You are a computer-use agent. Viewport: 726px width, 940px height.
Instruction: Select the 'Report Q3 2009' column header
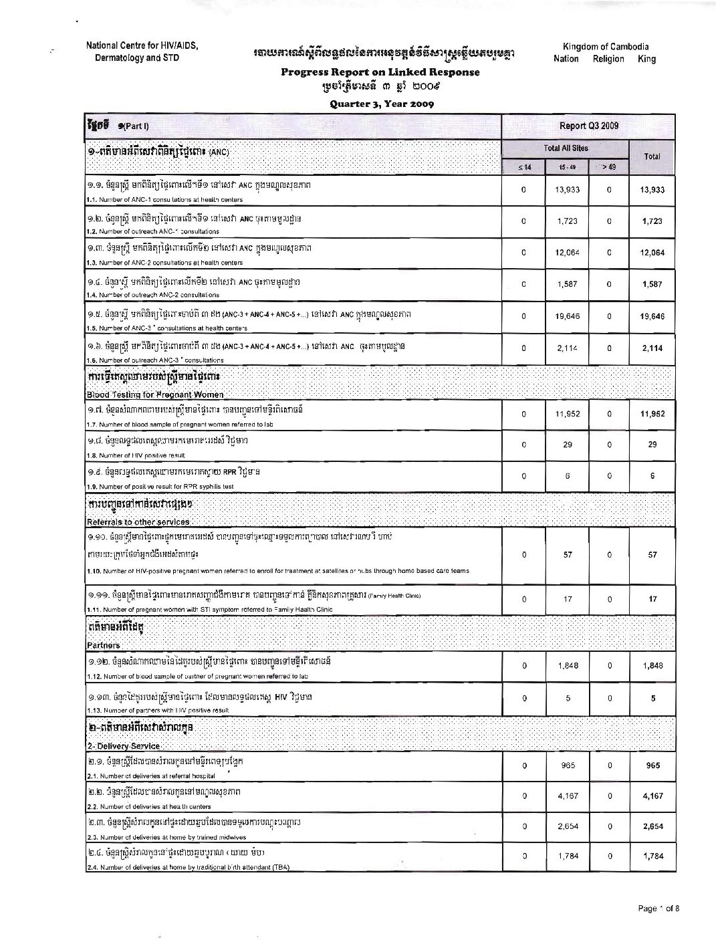tap(589, 126)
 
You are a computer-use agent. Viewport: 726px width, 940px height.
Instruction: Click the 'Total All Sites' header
tap(566, 148)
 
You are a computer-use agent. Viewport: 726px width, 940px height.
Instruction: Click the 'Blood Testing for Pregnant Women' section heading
tap(157, 394)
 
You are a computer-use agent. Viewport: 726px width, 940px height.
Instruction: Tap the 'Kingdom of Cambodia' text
tap(605, 47)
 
